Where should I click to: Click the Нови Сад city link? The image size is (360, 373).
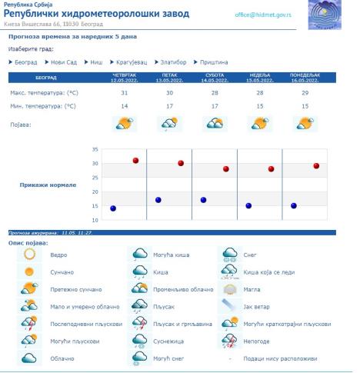65,62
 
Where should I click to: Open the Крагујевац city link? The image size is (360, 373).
135,62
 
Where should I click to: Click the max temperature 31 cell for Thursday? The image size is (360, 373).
125,92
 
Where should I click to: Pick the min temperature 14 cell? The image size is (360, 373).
125,106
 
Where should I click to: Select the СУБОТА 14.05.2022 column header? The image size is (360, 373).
215,77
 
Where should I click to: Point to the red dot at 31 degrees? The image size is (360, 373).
135,160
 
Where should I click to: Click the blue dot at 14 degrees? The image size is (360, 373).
113,208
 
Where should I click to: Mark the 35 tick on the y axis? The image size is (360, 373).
95,149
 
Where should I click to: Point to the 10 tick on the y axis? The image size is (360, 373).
95,220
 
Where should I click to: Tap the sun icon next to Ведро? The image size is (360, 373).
29,253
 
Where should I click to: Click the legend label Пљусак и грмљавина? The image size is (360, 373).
179,323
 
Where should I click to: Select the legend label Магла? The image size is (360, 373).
253,288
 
